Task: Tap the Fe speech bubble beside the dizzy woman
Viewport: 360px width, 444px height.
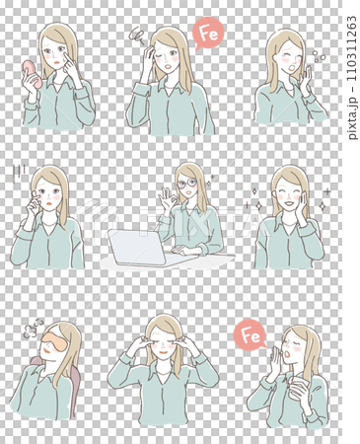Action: point(208,34)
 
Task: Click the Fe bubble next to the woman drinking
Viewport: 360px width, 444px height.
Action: point(251,335)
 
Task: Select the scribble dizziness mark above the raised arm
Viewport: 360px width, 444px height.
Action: point(137,36)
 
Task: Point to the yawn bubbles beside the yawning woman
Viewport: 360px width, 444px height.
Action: point(319,56)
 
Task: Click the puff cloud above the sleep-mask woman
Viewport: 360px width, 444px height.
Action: point(32,329)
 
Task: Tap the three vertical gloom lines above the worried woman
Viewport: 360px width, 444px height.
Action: point(19,173)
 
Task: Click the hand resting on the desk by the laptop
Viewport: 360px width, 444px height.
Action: point(183,250)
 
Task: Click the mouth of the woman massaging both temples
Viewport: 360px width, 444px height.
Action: point(163,352)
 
